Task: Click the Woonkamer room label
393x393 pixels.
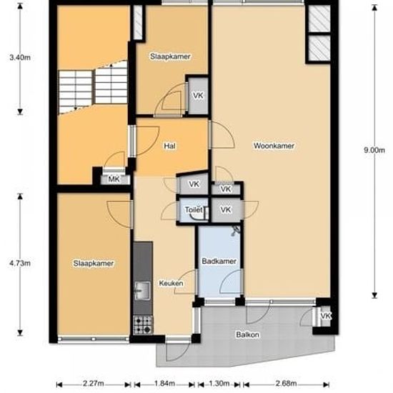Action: click(x=274, y=146)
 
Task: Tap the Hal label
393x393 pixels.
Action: click(x=170, y=146)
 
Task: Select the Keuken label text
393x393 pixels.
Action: click(x=171, y=283)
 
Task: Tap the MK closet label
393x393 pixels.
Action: click(x=113, y=179)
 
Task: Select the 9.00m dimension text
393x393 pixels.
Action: click(x=374, y=150)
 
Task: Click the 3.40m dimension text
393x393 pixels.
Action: click(x=19, y=57)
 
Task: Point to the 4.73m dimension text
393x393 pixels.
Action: click(x=19, y=264)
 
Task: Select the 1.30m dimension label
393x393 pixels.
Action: click(x=219, y=384)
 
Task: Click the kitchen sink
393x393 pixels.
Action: click(x=141, y=290)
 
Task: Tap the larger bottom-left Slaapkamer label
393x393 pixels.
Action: click(x=94, y=263)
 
